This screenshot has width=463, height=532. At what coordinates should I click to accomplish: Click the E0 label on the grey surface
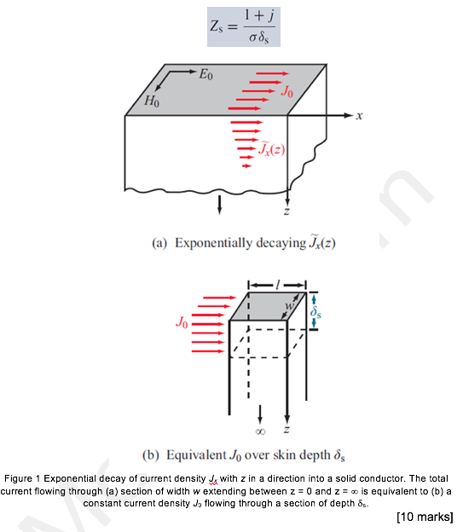pos(206,75)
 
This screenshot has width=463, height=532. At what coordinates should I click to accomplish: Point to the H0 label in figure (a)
pos(151,101)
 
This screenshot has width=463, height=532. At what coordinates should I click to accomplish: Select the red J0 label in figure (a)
pos(289,90)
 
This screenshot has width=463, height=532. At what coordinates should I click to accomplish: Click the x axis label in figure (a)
pos(360,115)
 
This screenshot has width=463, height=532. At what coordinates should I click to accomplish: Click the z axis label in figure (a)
pos(286,210)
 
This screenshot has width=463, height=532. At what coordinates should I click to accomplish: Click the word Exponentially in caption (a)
pos(213,243)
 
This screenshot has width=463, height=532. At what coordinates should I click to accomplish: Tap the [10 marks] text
pos(425,517)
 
